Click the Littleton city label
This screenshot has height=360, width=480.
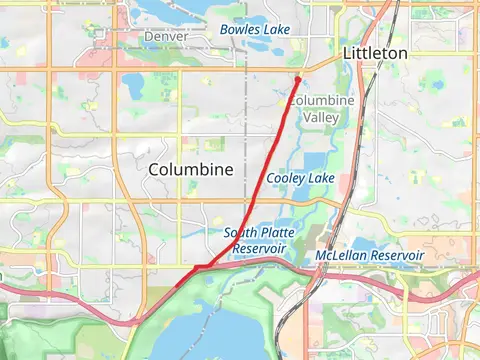coord(375,52)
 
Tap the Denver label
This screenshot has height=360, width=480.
coord(166,36)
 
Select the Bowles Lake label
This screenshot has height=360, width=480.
coord(255,30)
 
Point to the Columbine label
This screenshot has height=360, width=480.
coord(190,170)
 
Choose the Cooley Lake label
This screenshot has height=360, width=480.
coord(300,178)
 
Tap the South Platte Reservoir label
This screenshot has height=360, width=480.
coord(259,240)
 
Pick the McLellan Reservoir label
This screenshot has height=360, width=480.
coord(369,257)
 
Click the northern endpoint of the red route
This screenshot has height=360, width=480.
coord(298,78)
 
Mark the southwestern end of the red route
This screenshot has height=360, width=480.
coord(178,285)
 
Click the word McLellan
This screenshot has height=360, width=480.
coord(341,257)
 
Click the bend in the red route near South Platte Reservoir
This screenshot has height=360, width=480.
coord(205,266)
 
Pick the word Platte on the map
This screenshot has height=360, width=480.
coord(277,233)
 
